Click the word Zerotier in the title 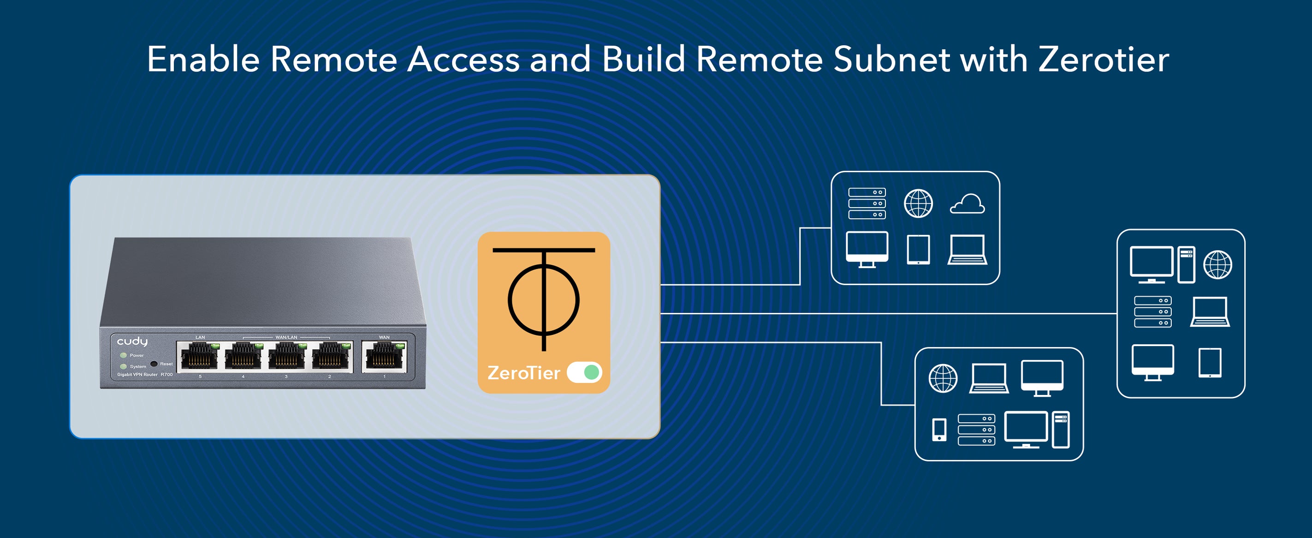click(x=1103, y=60)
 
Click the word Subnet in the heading click(x=891, y=60)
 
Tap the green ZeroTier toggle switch click(x=584, y=372)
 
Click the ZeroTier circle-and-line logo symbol click(x=543, y=299)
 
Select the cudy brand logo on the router click(x=132, y=341)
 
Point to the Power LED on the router click(x=123, y=355)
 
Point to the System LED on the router click(x=123, y=366)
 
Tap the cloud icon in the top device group click(x=967, y=204)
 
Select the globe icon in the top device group click(x=918, y=203)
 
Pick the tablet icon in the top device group click(x=918, y=250)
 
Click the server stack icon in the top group click(x=867, y=203)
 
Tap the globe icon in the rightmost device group click(x=1217, y=264)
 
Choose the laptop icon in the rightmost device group click(x=1210, y=312)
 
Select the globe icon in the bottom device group click(x=943, y=378)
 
